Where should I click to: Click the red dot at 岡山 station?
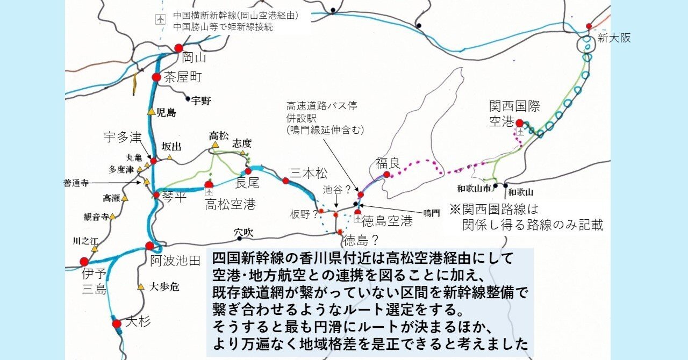click(179, 48)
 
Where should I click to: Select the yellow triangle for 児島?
click(152, 112)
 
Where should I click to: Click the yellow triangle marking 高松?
click(215, 145)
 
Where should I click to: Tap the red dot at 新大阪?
click(589, 26)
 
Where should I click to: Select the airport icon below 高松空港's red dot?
click(209, 191)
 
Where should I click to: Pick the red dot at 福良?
click(386, 174)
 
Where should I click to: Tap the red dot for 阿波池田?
click(149, 246)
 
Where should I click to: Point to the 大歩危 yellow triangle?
click(141, 287)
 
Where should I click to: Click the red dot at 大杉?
click(117, 323)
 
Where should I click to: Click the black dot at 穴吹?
click(240, 238)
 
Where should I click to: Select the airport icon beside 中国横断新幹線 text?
click(160, 20)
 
